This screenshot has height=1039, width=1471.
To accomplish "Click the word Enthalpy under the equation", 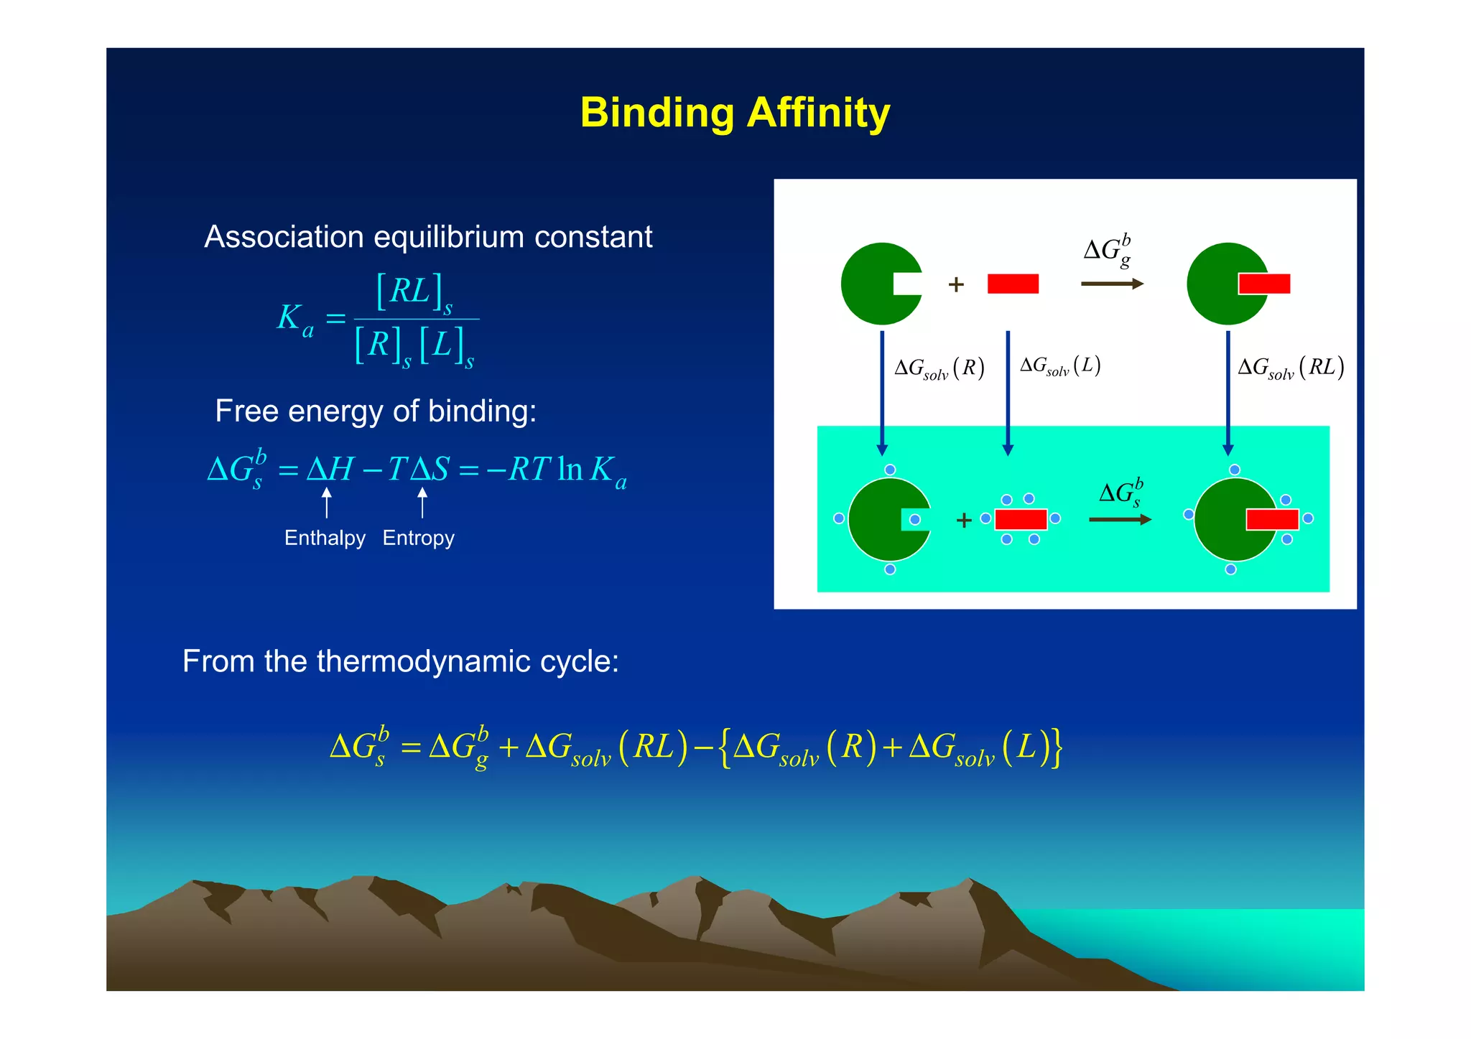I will click(x=325, y=538).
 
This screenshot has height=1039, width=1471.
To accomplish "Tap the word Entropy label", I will click(x=418, y=538).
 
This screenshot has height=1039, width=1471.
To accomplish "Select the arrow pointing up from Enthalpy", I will click(x=327, y=502).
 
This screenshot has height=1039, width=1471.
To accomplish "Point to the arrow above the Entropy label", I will click(x=422, y=502).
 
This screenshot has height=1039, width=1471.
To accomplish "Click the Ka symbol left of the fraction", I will click(x=295, y=318).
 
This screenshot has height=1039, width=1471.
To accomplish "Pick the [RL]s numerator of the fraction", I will click(x=414, y=292).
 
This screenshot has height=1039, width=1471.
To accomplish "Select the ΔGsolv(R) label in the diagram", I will click(x=939, y=368).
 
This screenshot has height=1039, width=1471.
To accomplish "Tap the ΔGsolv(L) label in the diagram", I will click(x=1060, y=366).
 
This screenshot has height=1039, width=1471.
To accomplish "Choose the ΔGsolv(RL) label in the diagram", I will click(x=1291, y=368).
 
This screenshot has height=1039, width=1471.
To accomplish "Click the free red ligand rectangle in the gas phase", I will click(x=1013, y=284).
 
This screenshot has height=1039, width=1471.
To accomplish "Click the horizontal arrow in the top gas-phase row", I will click(x=1112, y=284).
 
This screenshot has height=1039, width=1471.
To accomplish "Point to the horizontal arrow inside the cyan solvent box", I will click(x=1120, y=519).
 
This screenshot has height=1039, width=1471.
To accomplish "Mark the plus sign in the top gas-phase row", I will click(x=956, y=285).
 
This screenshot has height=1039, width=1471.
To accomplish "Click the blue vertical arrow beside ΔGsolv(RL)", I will click(x=1228, y=391).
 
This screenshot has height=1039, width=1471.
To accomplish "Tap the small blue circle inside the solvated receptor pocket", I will click(x=915, y=519).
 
